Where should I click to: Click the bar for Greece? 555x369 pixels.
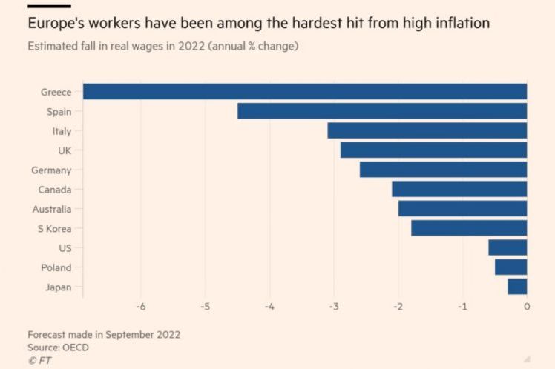click(x=304, y=92)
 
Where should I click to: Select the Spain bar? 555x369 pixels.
click(x=381, y=111)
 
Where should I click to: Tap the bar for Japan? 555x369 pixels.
click(x=517, y=287)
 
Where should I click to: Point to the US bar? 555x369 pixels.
click(x=508, y=247)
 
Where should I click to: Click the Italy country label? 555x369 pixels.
click(x=61, y=131)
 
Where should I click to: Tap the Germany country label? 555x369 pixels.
click(x=51, y=170)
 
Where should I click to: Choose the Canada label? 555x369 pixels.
click(x=55, y=190)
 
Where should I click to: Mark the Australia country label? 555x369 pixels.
click(x=52, y=209)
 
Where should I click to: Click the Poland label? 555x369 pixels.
click(x=56, y=267)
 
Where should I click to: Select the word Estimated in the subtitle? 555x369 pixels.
click(x=50, y=46)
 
